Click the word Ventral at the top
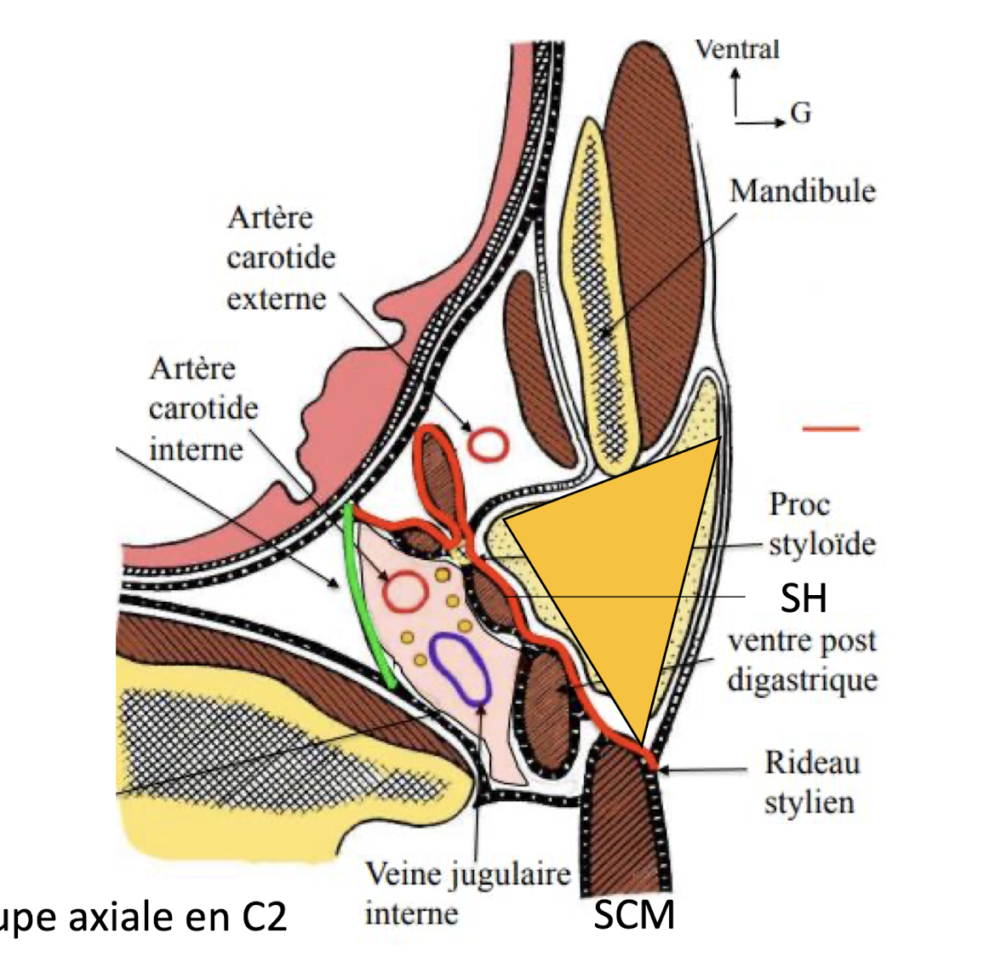(736, 49)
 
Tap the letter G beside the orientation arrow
(800, 113)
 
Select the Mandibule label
(802, 191)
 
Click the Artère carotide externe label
(280, 258)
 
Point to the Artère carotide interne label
(203, 409)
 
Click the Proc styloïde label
(821, 524)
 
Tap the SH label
(803, 598)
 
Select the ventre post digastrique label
(802, 661)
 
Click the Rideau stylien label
(811, 781)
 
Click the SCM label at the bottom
(634, 915)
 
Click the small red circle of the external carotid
(489, 444)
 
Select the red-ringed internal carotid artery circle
(404, 591)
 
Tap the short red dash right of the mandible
(831, 428)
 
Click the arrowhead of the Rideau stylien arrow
(664, 770)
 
